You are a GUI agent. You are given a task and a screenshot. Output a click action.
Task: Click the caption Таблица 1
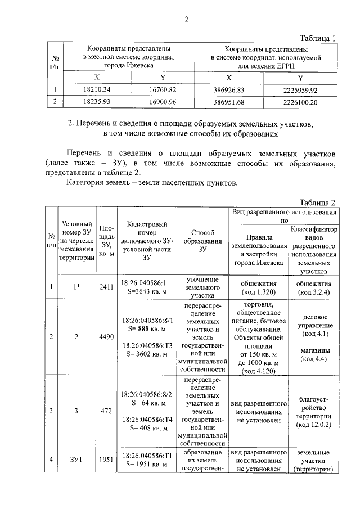tap(317, 38)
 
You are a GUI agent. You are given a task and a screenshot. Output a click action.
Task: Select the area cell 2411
tap(106, 287)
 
